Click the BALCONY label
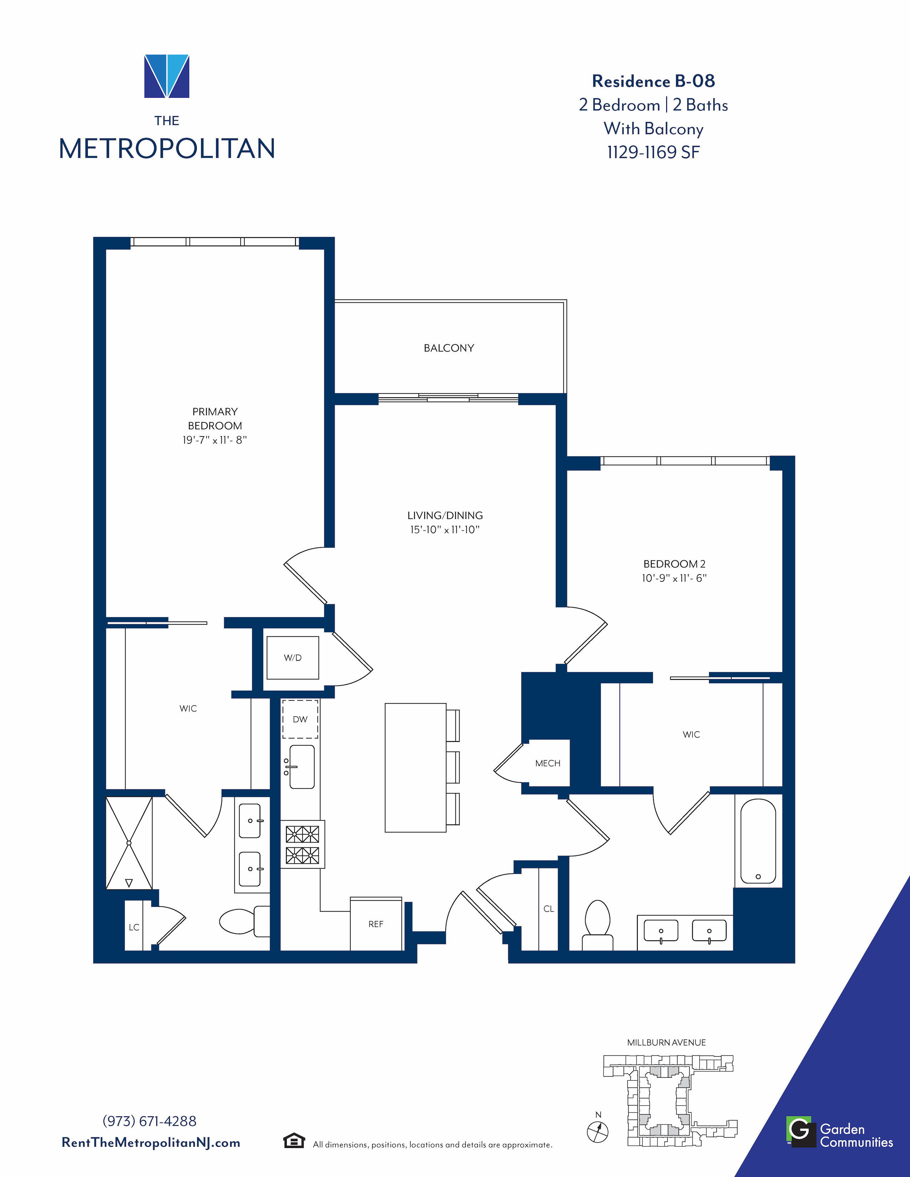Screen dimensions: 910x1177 [449, 348]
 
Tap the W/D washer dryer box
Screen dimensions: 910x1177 [293, 657]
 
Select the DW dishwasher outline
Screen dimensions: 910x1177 [300, 719]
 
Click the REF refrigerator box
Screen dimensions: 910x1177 [376, 924]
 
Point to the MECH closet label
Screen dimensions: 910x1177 [548, 763]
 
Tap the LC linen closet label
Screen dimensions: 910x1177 [134, 927]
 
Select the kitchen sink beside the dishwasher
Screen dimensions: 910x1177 [301, 767]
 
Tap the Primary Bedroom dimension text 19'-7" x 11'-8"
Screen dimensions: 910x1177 [214, 440]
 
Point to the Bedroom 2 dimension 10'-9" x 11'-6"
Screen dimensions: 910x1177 [674, 578]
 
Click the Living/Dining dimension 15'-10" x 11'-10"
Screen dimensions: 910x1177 [445, 530]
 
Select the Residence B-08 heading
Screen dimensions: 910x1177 [653, 81]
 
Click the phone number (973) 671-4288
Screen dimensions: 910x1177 [149, 1121]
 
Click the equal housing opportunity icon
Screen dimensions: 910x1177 [294, 1141]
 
